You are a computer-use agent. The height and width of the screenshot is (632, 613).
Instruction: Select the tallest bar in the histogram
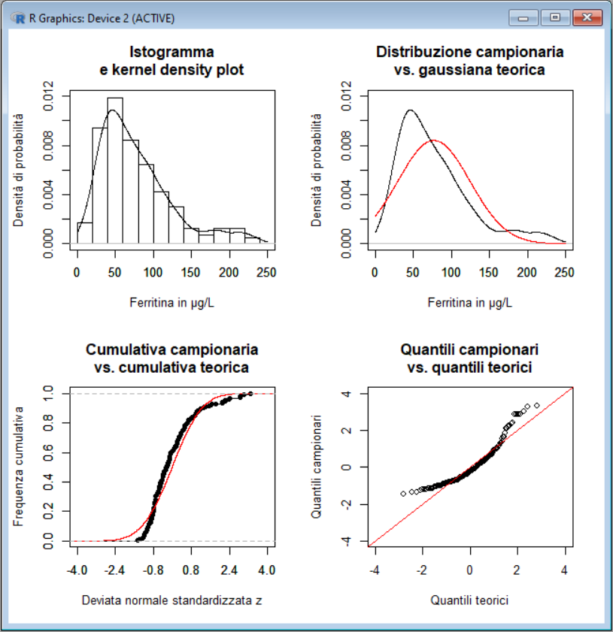tap(115, 170)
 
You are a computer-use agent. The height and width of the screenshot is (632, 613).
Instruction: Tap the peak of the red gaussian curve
tap(433, 141)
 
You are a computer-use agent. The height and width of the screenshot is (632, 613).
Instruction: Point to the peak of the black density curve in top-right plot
tap(410, 110)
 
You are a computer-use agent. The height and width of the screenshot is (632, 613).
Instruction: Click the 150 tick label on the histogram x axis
tap(192, 274)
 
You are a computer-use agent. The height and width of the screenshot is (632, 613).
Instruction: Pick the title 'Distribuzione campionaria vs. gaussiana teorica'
tap(469, 61)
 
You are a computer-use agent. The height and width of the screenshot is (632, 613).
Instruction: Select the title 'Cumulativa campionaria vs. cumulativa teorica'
tap(172, 358)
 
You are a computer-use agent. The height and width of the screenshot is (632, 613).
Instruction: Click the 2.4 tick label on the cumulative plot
tap(228, 571)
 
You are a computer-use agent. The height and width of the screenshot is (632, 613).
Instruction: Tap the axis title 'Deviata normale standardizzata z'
tap(172, 600)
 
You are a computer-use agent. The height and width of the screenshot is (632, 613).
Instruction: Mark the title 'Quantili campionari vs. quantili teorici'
tap(471, 358)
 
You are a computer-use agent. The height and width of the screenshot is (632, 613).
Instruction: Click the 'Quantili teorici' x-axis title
tap(470, 600)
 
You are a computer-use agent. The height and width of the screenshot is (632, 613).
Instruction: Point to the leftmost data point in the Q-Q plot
tap(403, 494)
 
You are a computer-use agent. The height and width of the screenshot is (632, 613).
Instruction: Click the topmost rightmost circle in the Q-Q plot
tap(536, 405)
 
